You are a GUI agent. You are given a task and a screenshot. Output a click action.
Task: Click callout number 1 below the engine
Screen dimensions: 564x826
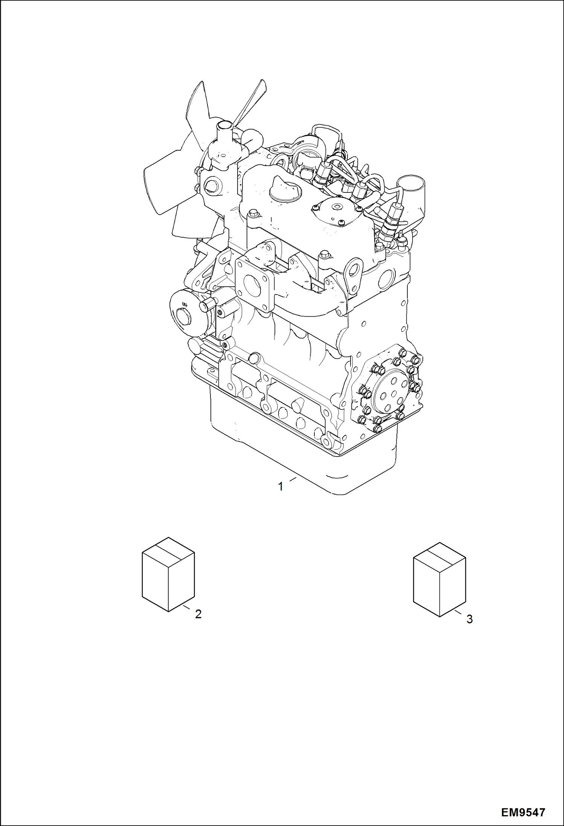tap(280, 487)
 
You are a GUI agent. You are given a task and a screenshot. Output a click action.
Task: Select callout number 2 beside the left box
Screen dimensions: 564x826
tap(198, 614)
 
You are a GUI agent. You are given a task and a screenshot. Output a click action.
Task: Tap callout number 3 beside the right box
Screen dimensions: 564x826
tap(469, 619)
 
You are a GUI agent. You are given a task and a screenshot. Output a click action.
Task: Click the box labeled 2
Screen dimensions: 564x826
tap(168, 574)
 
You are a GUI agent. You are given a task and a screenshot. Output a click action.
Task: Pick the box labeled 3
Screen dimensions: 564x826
tap(439, 579)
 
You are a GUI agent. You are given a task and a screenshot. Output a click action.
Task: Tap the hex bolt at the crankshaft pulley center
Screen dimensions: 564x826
tap(183, 314)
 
